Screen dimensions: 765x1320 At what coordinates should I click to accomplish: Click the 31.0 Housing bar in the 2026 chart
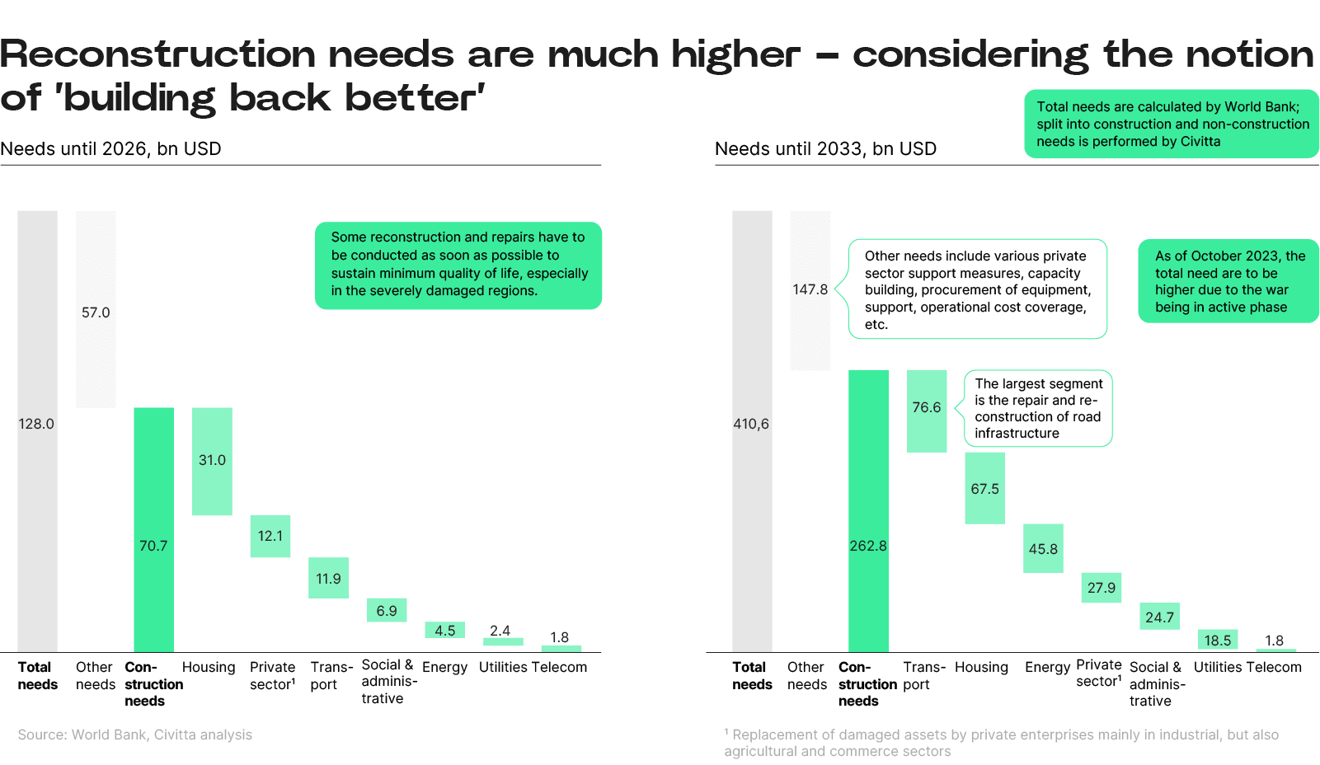click(212, 461)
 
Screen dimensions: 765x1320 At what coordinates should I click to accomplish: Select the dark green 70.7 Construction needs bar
click(153, 529)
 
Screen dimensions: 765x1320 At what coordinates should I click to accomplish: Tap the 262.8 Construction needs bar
click(868, 511)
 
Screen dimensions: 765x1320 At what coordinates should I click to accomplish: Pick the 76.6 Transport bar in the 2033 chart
click(927, 411)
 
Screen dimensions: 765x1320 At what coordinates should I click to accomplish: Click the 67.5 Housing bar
click(984, 488)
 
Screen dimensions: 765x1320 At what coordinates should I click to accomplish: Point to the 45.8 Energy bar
click(1043, 548)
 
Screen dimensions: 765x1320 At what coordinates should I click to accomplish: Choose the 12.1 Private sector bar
click(270, 536)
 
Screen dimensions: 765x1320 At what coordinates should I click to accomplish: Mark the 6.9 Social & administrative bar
click(387, 610)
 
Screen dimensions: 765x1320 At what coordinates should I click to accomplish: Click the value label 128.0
click(36, 424)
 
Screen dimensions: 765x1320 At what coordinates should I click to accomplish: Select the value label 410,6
click(751, 424)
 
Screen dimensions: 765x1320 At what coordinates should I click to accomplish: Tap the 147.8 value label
click(810, 289)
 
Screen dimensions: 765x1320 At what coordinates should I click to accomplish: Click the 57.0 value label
click(96, 312)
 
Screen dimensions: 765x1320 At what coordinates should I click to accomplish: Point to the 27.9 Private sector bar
click(1101, 588)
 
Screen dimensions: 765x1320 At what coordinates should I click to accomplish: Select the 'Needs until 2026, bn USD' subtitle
click(111, 149)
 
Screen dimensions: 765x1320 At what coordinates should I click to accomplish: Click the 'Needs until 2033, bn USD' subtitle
click(825, 149)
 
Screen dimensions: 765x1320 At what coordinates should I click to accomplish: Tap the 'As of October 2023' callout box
click(1228, 281)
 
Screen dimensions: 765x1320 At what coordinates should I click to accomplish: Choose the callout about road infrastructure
click(1038, 408)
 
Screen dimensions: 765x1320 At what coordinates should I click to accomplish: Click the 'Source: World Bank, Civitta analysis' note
click(135, 734)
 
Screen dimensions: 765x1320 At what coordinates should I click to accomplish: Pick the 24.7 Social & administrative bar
click(1159, 617)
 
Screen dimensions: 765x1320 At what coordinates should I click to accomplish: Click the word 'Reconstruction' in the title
click(157, 54)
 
